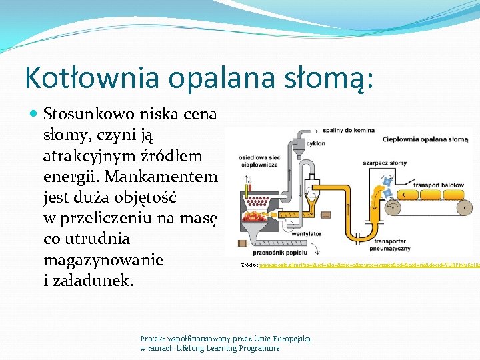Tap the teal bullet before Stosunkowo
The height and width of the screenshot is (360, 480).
coord(35,114)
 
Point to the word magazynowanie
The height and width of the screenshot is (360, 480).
coord(103,259)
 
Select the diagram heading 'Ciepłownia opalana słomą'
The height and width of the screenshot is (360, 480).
coord(425,140)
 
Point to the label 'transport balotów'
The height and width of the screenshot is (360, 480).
coord(438,185)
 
